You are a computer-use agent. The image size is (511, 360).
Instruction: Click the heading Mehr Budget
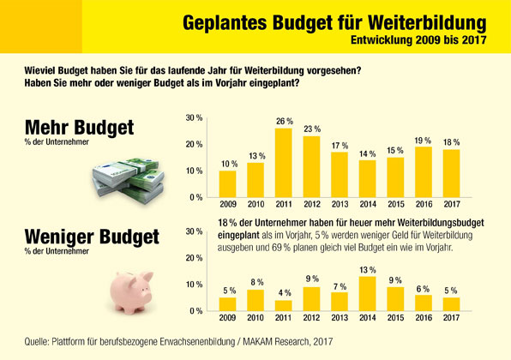[79, 129]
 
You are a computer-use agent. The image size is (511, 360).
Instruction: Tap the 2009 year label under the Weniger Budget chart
[227, 319]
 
